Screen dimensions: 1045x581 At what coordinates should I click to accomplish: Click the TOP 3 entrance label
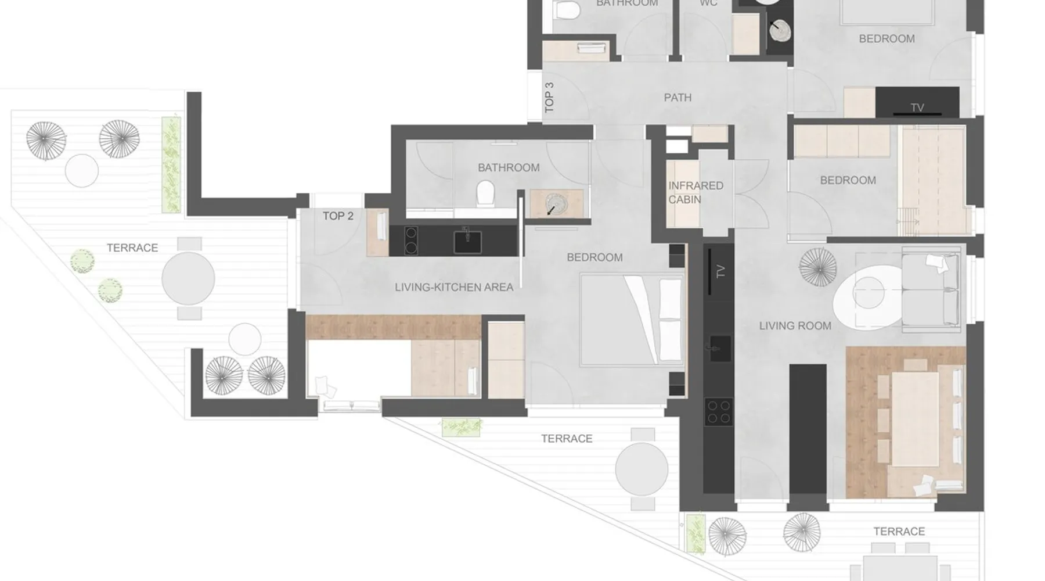[549, 97]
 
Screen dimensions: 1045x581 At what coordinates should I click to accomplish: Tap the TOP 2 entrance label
[338, 216]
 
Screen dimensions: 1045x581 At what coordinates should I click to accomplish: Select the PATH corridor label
[678, 98]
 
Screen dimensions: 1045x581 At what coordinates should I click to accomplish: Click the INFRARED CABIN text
[696, 192]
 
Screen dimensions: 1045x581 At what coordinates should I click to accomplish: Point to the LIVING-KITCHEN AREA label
[454, 287]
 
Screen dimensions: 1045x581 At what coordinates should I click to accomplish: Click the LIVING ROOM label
[795, 326]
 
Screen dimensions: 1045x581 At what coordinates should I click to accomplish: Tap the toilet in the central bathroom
[485, 193]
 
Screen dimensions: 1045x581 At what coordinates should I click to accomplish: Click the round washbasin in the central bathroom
[556, 205]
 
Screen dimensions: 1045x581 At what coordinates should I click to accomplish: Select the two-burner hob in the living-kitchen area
[410, 241]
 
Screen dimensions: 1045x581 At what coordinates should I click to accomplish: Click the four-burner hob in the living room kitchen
[718, 412]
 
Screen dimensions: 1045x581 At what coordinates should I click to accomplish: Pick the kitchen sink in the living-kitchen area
[467, 242]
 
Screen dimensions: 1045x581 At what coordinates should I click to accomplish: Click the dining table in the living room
[915, 419]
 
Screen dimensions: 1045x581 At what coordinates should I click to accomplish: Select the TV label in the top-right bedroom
[917, 107]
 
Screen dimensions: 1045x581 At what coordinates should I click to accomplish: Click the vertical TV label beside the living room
[720, 271]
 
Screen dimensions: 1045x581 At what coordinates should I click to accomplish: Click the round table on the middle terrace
[642, 469]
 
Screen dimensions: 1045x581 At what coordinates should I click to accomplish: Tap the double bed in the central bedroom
[632, 320]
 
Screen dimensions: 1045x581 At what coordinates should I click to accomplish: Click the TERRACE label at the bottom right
[899, 532]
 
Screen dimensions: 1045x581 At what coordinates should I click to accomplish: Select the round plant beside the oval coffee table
[818, 267]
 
